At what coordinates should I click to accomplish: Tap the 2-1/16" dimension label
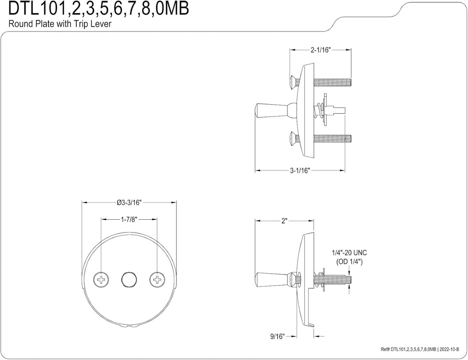(320, 50)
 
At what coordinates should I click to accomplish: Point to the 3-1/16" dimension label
(300, 171)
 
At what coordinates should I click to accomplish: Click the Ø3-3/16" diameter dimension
(129, 202)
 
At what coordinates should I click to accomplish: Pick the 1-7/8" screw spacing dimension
(129, 220)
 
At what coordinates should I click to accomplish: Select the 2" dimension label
(284, 221)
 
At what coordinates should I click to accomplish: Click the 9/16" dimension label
(277, 336)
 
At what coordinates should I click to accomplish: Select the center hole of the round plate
(129, 279)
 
